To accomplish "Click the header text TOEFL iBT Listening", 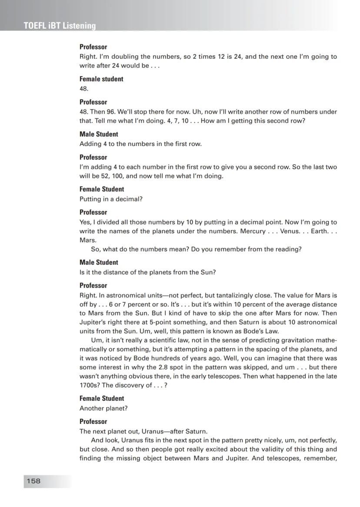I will click(60, 26).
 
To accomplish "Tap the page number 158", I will click(33, 481).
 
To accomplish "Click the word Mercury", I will click(253, 231).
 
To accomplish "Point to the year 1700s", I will click(89, 385).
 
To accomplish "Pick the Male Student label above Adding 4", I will click(99, 134).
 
